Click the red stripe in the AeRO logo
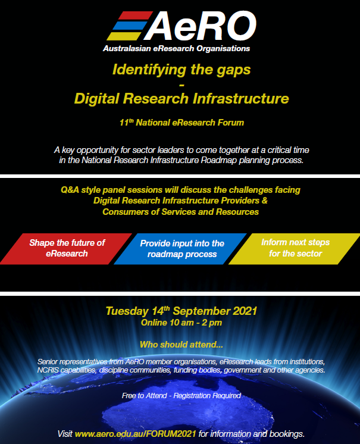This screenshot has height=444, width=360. (135, 15)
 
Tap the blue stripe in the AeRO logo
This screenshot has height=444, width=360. (130, 26)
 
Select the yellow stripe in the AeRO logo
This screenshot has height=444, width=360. (124, 36)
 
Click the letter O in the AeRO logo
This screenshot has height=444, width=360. (241, 26)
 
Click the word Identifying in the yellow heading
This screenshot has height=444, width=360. (149, 70)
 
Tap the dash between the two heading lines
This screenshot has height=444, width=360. (181, 85)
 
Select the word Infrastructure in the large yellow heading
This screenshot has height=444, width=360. (241, 99)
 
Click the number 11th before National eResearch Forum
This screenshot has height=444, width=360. (126, 123)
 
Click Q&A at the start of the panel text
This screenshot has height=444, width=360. (70, 190)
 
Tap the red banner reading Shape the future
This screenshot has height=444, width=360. (66, 249)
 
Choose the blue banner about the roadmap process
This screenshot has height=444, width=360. (180, 249)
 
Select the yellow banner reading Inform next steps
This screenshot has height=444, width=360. (295, 249)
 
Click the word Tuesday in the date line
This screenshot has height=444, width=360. (127, 311)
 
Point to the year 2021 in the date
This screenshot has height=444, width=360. (245, 311)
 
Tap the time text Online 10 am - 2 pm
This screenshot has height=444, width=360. (181, 323)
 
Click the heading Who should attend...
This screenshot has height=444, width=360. (181, 345)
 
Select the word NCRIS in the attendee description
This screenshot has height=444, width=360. (48, 370)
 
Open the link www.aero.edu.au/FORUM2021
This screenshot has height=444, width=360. (135, 434)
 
